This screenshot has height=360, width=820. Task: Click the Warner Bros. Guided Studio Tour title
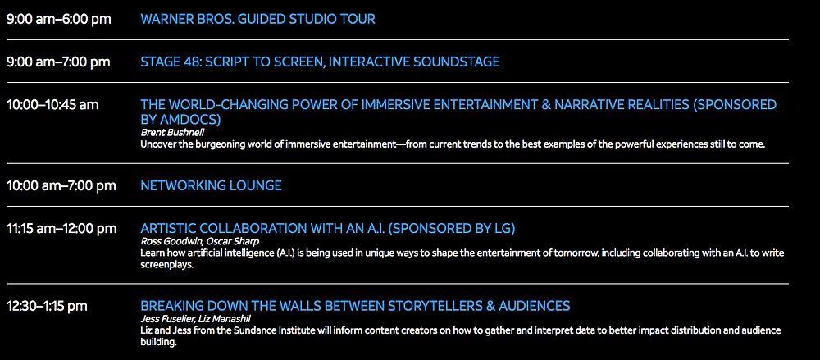click(x=257, y=20)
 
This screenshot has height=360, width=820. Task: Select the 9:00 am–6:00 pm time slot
click(x=58, y=20)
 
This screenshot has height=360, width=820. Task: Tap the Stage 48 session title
click(x=320, y=62)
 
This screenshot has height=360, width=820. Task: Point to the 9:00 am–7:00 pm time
click(x=58, y=62)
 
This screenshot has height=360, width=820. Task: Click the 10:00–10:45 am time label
click(x=52, y=105)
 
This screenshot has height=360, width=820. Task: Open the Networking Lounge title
click(x=212, y=186)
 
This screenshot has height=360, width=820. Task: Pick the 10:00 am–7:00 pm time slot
click(x=61, y=186)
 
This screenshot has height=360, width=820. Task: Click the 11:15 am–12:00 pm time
click(x=61, y=229)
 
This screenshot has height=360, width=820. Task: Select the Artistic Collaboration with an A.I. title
click(x=328, y=229)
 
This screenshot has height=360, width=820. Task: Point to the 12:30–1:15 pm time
click(x=47, y=306)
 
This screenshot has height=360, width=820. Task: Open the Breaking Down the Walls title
click(x=355, y=306)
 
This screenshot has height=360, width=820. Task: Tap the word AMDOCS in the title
click(x=189, y=119)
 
